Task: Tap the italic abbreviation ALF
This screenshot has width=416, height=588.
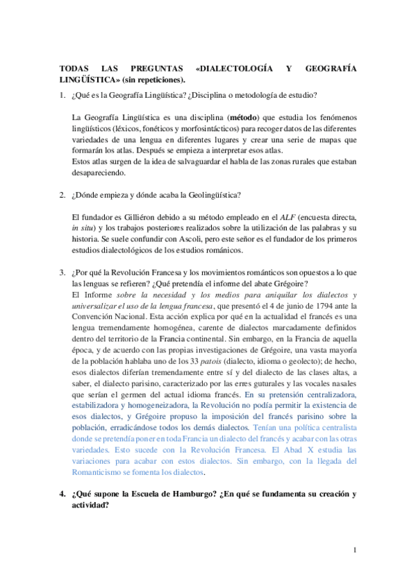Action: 289,218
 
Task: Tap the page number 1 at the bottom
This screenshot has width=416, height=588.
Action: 354,551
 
